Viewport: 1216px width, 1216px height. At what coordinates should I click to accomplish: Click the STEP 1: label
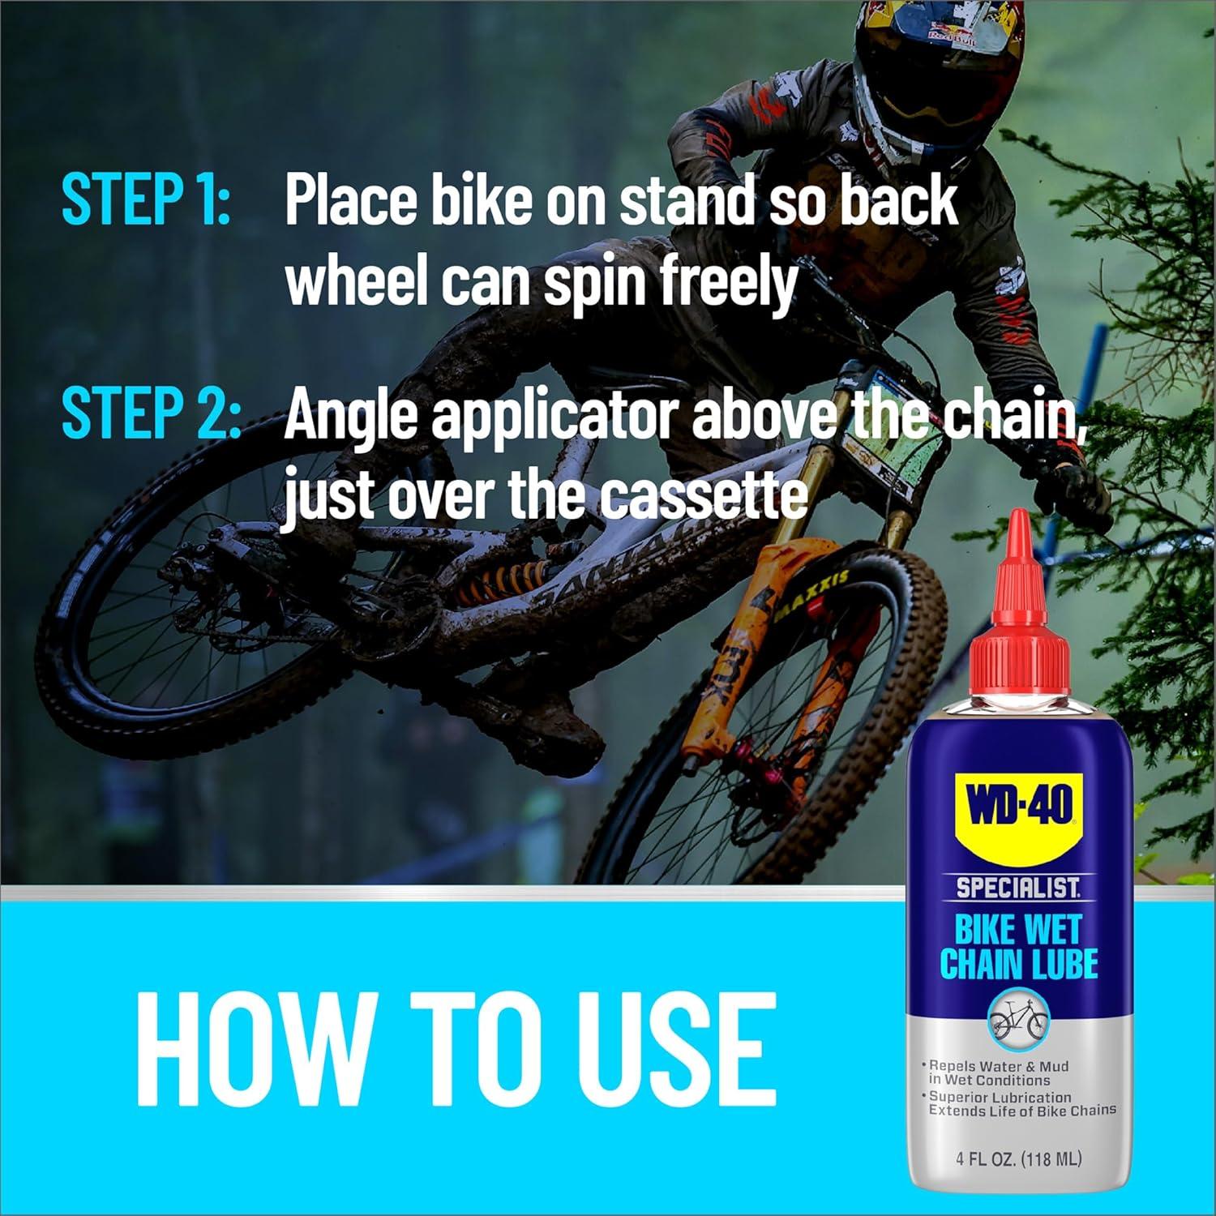click(146, 199)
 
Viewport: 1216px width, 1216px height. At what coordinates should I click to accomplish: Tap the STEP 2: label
click(151, 413)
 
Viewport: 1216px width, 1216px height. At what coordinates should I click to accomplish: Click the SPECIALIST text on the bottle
click(1018, 888)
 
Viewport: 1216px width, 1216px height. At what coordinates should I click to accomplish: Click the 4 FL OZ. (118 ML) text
click(1018, 1159)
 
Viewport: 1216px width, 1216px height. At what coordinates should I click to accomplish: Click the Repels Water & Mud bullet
click(999, 1073)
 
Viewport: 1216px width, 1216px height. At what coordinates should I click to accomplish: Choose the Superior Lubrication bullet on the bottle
click(1021, 1104)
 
